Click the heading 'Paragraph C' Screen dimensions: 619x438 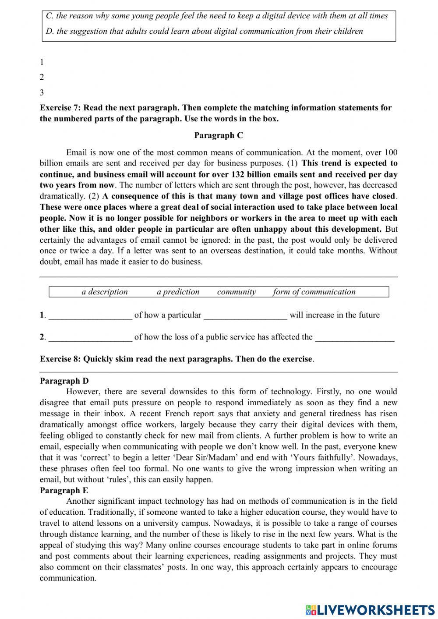219,135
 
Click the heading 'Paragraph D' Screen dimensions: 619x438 64,381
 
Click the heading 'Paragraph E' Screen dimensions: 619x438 64,490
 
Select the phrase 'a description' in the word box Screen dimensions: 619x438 105,292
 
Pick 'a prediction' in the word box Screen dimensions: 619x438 178,292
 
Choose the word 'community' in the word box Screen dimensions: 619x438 237,292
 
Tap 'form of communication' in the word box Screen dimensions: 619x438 314,292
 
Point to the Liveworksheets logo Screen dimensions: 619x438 370,609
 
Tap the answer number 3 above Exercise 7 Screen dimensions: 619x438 42,92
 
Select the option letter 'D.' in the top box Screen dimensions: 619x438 49,31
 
